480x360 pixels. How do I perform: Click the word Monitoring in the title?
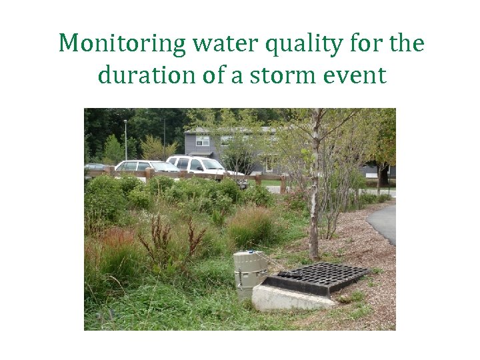point(123,44)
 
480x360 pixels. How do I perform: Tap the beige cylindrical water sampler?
point(249,273)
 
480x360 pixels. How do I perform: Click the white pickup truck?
point(200,166)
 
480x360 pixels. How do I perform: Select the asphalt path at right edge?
point(385,223)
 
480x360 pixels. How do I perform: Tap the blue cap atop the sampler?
point(249,253)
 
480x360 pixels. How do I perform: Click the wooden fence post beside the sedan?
point(150,175)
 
